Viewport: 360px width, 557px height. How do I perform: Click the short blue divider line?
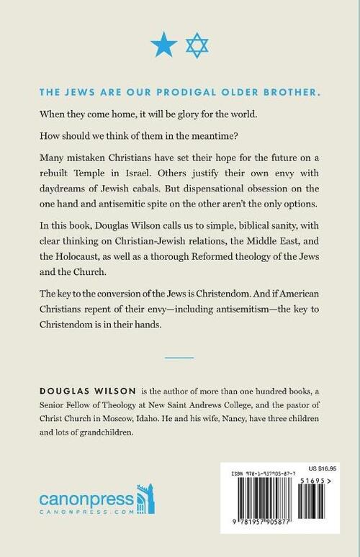click(x=180, y=356)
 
